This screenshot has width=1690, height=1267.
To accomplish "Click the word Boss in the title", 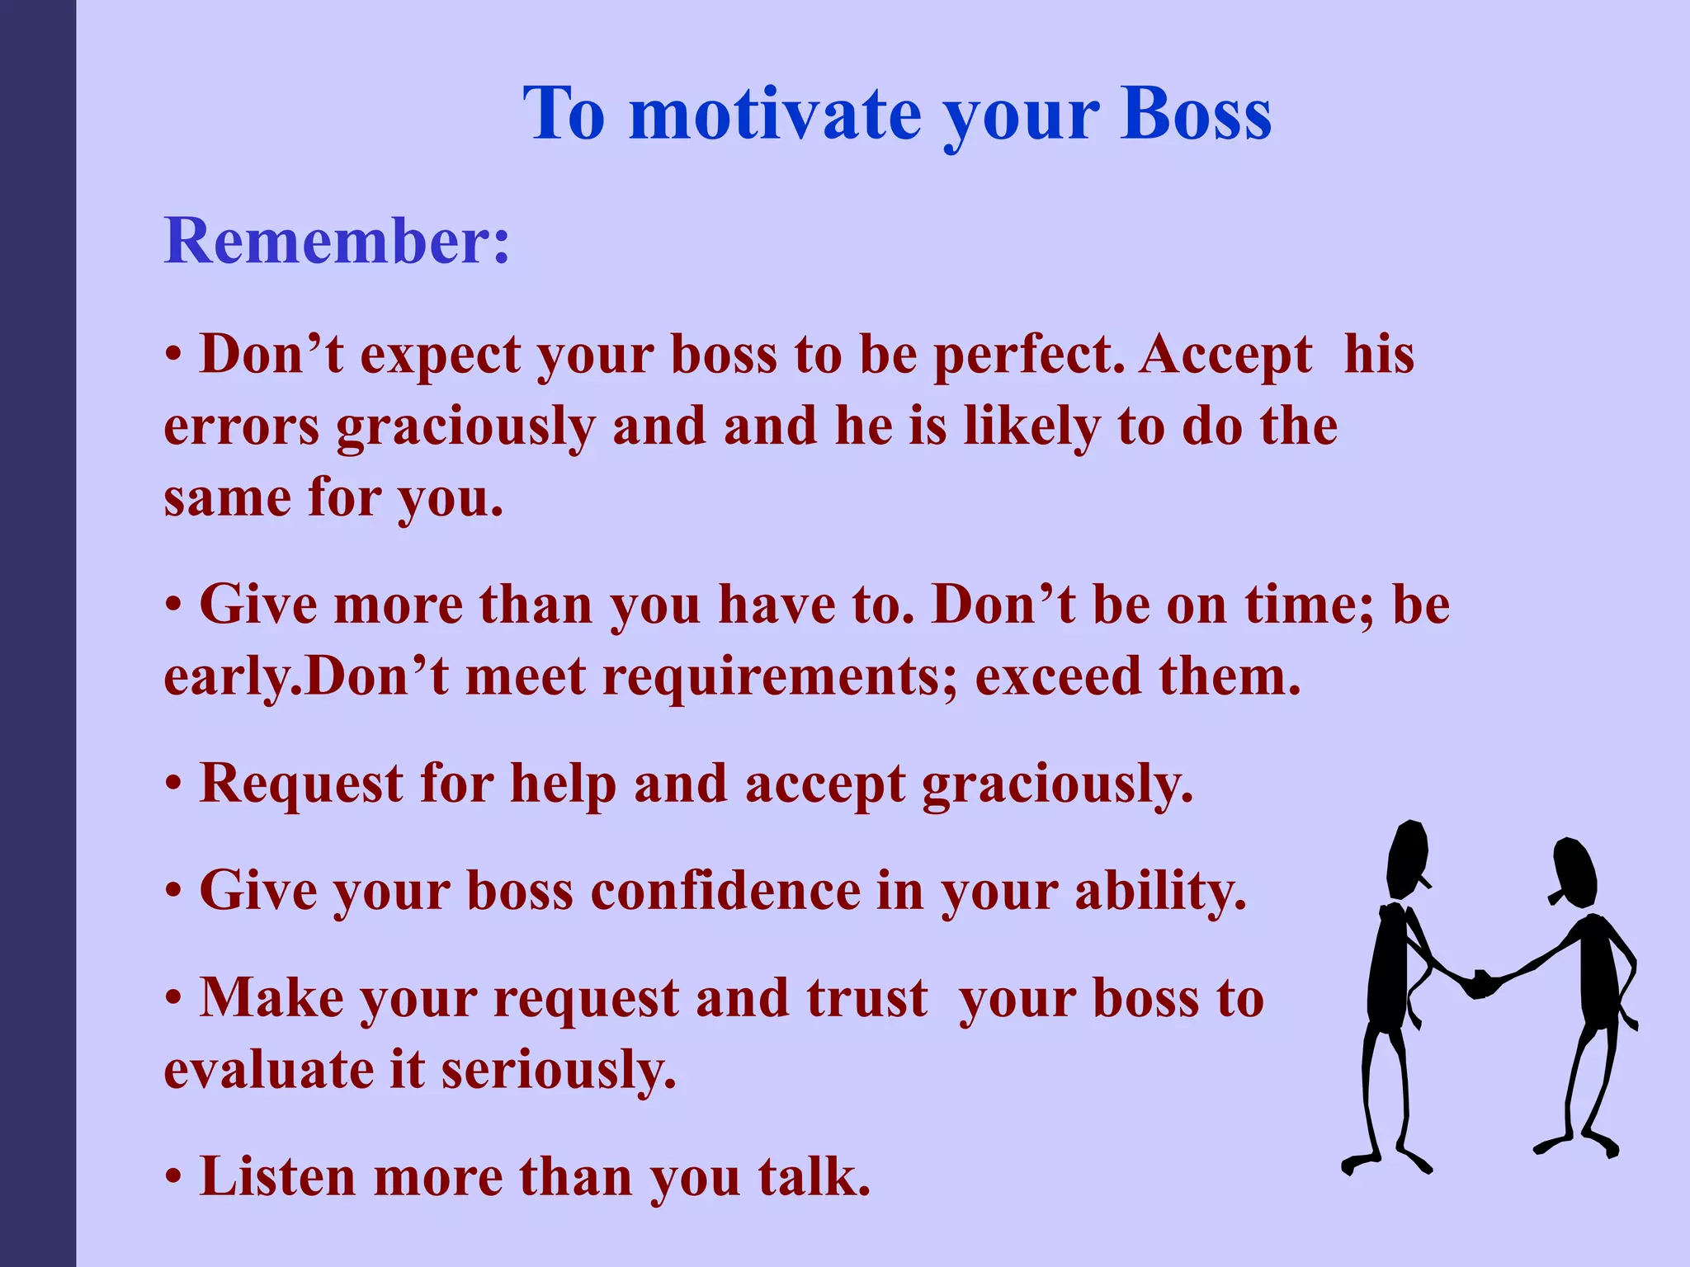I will [x=1196, y=114].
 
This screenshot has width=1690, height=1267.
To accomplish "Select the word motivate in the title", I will [x=775, y=114].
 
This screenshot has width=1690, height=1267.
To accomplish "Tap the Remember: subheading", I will [x=337, y=241].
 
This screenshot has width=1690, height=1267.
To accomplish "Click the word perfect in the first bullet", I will [x=1028, y=355].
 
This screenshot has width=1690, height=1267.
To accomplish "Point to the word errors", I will [x=241, y=427].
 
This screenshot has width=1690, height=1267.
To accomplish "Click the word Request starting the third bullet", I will [x=301, y=783].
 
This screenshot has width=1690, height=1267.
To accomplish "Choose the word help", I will [x=563, y=783].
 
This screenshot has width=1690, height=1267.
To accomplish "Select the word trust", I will [x=866, y=998].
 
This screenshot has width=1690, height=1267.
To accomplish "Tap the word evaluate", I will [x=269, y=1071].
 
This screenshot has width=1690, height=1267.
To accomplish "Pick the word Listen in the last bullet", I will [x=277, y=1176].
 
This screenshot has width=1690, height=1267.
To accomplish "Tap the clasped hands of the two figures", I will [x=1483, y=983].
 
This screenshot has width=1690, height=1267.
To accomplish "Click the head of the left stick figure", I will [x=1407, y=858].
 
